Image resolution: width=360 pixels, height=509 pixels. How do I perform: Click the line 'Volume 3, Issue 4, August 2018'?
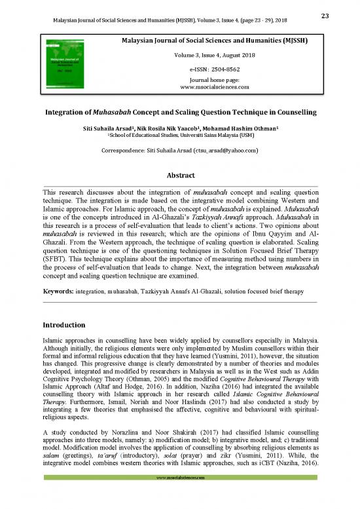(x=204, y=55)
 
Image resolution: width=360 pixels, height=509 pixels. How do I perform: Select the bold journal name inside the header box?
(x=204, y=42)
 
